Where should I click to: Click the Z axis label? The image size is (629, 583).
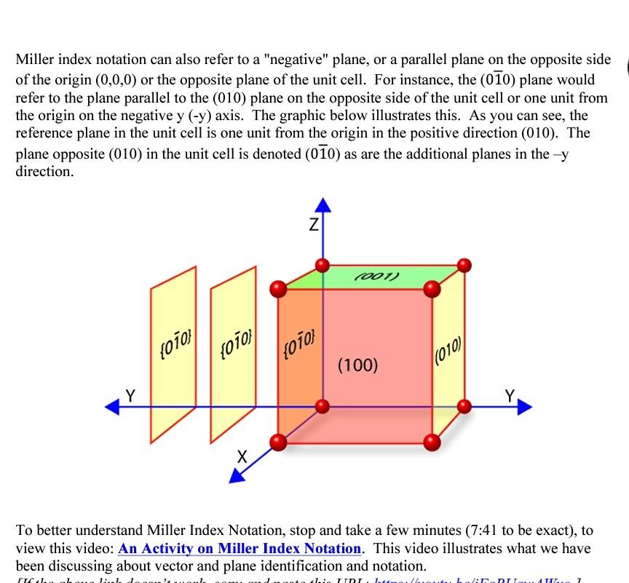click(312, 226)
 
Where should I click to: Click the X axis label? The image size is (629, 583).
click(243, 457)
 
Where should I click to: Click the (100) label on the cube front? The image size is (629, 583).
click(357, 365)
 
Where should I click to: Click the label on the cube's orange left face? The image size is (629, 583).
click(296, 338)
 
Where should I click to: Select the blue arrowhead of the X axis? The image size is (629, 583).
click(237, 476)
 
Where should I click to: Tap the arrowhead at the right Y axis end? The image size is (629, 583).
click(525, 408)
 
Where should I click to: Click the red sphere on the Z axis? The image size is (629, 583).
click(322, 265)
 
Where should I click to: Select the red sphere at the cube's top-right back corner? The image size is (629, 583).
click(464, 265)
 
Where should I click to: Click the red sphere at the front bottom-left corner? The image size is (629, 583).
click(277, 441)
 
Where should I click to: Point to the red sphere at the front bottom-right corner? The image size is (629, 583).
click(432, 441)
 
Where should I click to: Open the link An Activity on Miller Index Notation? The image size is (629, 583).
click(240, 548)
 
